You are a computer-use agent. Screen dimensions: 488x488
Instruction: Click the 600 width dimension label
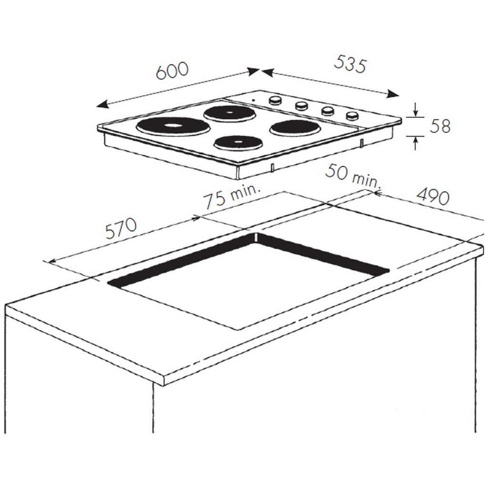point(173,71)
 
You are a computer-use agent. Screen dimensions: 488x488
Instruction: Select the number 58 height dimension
point(440,127)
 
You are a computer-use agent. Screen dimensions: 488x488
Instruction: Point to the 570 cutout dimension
point(121,229)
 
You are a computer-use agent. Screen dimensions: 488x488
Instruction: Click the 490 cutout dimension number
point(433,196)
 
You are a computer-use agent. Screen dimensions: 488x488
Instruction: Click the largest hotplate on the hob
point(173,126)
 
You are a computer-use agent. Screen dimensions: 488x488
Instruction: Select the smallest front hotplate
point(238,142)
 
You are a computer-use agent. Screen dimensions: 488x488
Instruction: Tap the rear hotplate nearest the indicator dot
point(230,113)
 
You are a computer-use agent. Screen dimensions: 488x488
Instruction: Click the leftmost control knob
point(275,101)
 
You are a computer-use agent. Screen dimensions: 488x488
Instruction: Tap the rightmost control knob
point(352,115)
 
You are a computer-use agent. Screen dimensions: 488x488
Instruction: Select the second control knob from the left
point(301,106)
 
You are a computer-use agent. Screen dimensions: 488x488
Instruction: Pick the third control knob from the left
point(327,111)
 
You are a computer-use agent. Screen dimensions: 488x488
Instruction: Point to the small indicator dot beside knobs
point(254,100)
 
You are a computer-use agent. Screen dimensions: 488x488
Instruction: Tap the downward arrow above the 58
point(416,113)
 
